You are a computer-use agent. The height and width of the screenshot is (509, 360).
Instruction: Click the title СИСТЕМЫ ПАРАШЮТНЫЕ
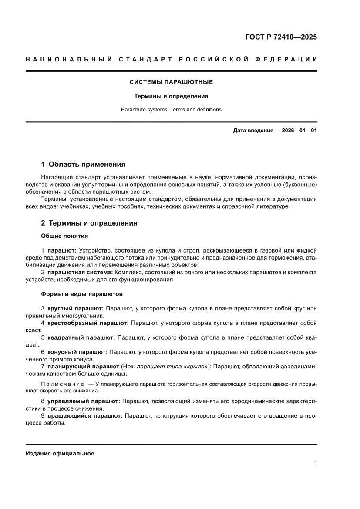click(x=171, y=82)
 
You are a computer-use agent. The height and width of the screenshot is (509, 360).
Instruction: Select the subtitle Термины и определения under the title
click(x=171, y=96)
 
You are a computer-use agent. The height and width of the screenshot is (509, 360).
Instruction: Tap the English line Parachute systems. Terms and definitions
click(x=171, y=110)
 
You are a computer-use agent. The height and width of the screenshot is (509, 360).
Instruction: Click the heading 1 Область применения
click(x=83, y=164)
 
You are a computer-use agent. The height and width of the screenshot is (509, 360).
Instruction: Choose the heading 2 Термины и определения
click(x=89, y=223)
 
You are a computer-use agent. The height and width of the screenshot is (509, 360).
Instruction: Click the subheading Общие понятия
click(x=64, y=236)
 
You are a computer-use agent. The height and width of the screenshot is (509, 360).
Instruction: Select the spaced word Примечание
click(x=62, y=384)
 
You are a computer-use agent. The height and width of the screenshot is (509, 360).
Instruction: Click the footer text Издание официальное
click(x=60, y=453)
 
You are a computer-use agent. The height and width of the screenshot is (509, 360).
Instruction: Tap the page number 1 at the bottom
click(x=315, y=463)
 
